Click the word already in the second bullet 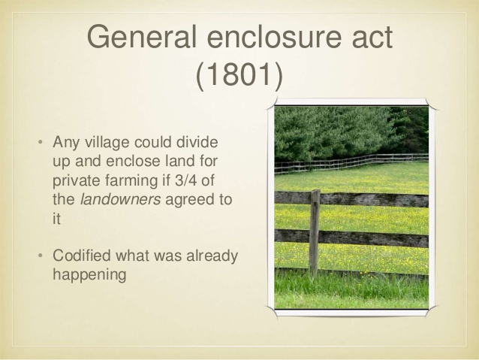[212, 256]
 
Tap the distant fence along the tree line [353, 162]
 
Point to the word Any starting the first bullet [65, 142]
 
